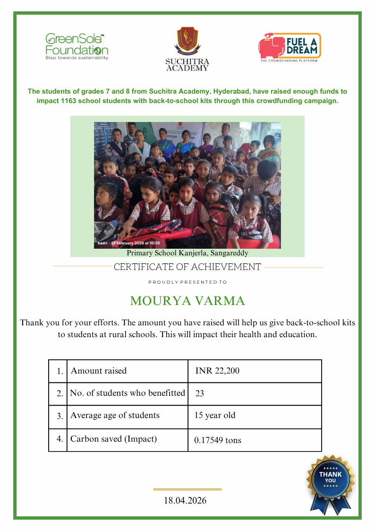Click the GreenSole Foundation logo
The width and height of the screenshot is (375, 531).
coord(77,46)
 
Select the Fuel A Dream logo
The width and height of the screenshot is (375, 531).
coord(289,47)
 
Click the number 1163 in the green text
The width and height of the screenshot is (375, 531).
coord(69,101)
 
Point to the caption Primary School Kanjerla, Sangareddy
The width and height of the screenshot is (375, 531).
coord(187,253)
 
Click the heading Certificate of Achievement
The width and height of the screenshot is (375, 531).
coord(187,267)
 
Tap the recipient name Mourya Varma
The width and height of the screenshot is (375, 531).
coord(187,301)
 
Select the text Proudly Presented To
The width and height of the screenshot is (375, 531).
coord(187,282)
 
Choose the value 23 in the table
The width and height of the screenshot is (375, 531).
coord(199,393)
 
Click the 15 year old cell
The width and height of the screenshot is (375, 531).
coord(215,416)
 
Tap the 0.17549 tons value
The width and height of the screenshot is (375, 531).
coord(218,440)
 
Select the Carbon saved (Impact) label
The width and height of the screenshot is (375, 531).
coord(113,439)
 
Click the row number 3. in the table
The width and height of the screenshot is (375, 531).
coord(60,417)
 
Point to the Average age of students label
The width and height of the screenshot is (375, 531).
coord(115,416)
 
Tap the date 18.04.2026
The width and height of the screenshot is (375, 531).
coord(185,500)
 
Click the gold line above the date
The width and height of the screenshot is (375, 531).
coord(187,489)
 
